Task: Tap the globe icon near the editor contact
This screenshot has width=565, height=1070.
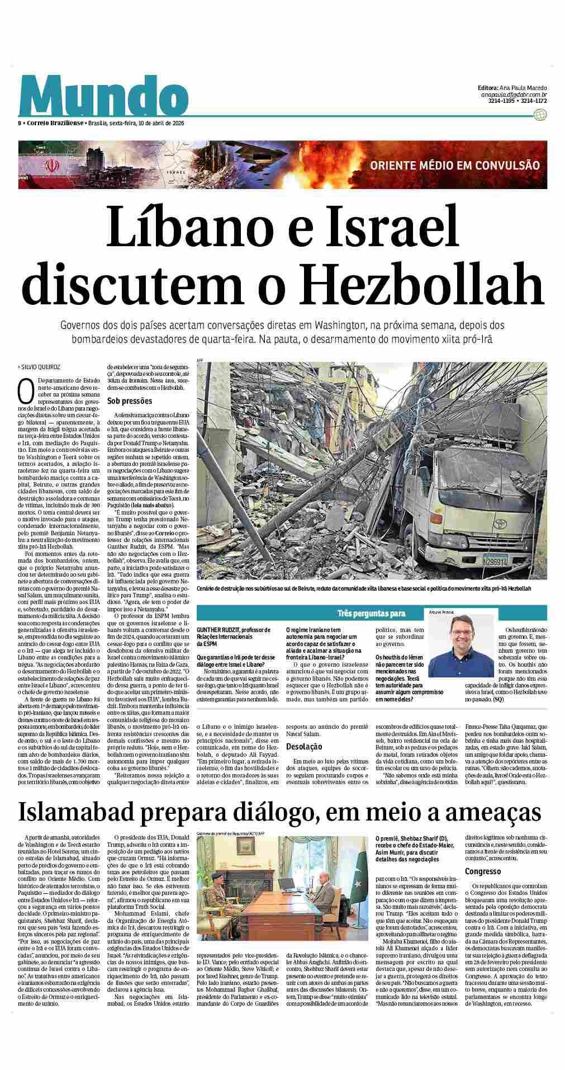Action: pyautogui.click(x=540, y=115)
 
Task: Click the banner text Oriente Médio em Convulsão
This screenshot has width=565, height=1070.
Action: pyautogui.click(x=454, y=165)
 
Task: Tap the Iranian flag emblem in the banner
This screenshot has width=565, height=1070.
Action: pyautogui.click(x=51, y=166)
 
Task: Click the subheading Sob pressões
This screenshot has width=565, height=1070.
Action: pyautogui.click(x=130, y=401)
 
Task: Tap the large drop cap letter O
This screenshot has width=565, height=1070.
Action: pyautogui.click(x=25, y=392)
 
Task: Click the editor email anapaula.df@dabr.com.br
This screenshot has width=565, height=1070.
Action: pyautogui.click(x=514, y=95)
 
